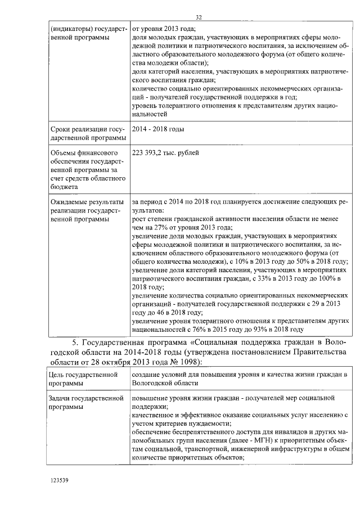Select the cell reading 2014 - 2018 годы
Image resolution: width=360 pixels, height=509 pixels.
157,129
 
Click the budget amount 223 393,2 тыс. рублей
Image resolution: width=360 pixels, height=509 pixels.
165,152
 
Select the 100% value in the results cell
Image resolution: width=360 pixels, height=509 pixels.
326,278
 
